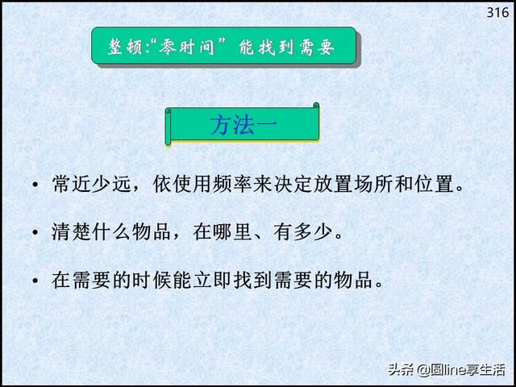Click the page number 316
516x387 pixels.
coord(497,13)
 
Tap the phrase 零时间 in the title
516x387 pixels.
coord(186,47)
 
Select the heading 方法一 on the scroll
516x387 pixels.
coord(243,126)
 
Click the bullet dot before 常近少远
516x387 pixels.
coord(35,185)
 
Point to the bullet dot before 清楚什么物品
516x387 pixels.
coord(35,233)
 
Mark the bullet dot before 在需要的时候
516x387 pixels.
coord(35,281)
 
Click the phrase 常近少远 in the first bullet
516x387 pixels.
coord(91,184)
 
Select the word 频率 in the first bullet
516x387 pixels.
coord(233,184)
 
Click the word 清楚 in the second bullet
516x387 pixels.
coord(71,231)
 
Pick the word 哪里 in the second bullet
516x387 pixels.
coord(233,231)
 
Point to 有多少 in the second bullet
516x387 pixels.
coord(304,231)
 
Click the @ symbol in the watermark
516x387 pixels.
coord(422,370)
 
